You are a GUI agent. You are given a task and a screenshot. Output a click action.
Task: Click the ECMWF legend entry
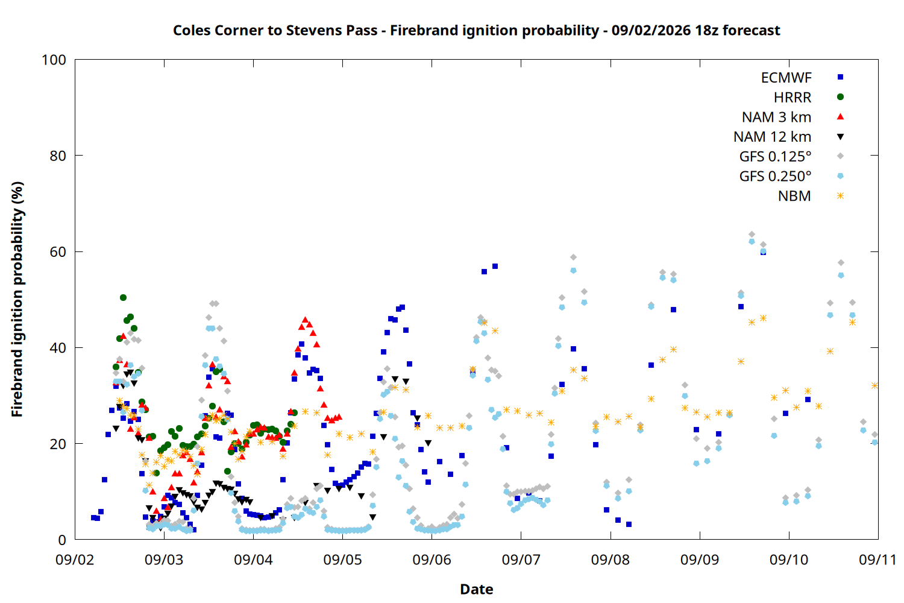(786, 78)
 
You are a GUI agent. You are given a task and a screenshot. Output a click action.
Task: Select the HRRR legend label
(793, 97)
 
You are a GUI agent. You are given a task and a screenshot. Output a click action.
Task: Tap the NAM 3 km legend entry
(776, 117)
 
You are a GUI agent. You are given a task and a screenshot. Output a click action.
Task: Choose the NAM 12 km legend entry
(772, 137)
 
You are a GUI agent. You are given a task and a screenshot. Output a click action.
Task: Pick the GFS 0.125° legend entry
(775, 156)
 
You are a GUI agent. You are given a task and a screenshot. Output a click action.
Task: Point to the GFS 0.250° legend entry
(775, 176)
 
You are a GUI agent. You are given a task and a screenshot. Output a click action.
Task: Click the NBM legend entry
(794, 196)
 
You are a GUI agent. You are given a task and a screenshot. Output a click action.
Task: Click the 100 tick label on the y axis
(54, 60)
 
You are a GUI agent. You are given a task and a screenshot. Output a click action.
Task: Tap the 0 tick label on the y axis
(61, 540)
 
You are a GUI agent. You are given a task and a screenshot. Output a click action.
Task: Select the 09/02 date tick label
(75, 560)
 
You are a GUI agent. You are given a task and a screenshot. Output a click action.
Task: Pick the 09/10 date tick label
(788, 560)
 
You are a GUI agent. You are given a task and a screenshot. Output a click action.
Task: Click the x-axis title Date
(477, 589)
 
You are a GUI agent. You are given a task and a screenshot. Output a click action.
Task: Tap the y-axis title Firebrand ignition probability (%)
(17, 299)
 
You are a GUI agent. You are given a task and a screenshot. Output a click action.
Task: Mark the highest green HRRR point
(123, 298)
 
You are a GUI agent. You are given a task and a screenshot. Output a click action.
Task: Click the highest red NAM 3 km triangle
(305, 320)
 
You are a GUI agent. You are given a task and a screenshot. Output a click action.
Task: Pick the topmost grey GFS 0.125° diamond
(752, 234)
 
